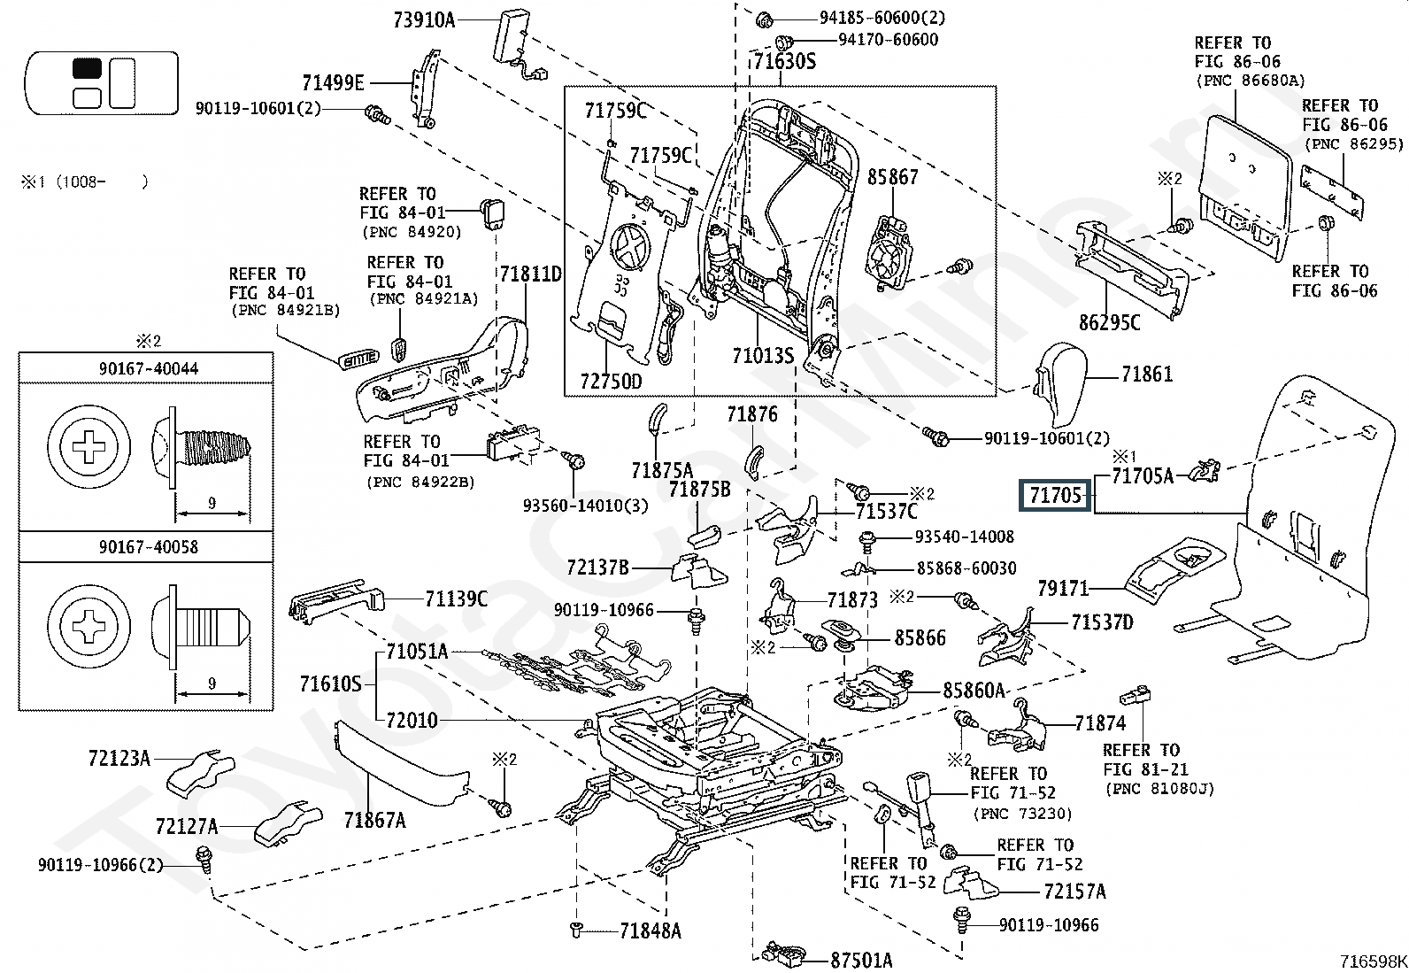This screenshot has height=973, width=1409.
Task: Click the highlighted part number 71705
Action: (1056, 496)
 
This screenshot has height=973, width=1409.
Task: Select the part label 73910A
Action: (424, 19)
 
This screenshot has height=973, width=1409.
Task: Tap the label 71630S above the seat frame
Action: (784, 62)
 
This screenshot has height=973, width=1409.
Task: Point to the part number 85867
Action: (892, 177)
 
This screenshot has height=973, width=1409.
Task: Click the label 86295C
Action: (1109, 322)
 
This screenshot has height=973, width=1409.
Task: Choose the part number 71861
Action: (1146, 375)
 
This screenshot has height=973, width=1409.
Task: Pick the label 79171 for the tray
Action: (1063, 588)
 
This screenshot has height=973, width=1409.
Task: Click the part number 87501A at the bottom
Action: (861, 960)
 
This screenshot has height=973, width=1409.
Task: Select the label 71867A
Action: (374, 821)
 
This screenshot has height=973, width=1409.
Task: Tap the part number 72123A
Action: (119, 758)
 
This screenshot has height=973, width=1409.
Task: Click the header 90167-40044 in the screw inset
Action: (148, 367)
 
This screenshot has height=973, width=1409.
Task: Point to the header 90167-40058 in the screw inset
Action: (148, 546)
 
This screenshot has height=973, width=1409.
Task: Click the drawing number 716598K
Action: (1372, 961)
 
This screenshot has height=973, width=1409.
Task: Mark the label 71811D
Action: (530, 274)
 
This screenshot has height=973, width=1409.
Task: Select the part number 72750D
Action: (611, 381)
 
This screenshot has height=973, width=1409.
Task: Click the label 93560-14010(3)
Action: (585, 505)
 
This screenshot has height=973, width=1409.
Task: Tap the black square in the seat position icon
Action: (87, 67)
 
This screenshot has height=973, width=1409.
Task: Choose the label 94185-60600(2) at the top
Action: (881, 18)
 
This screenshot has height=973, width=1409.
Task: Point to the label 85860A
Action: (974, 691)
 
